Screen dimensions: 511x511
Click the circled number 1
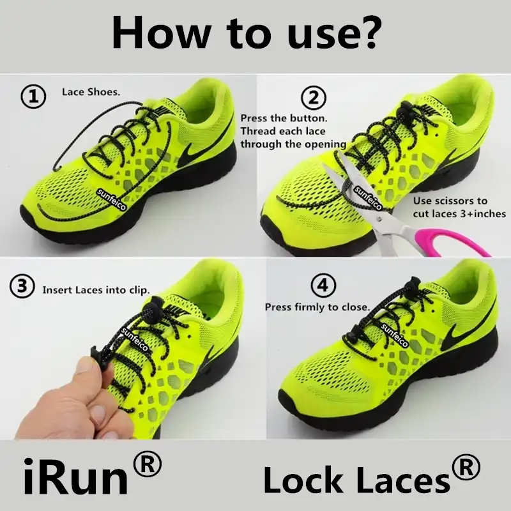pos(34,97)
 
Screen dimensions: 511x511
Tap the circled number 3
pos(22,288)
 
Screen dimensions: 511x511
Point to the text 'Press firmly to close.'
pos(317,307)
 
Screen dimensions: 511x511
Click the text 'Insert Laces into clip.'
pos(96,289)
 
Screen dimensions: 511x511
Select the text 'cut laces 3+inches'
pos(459,214)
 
